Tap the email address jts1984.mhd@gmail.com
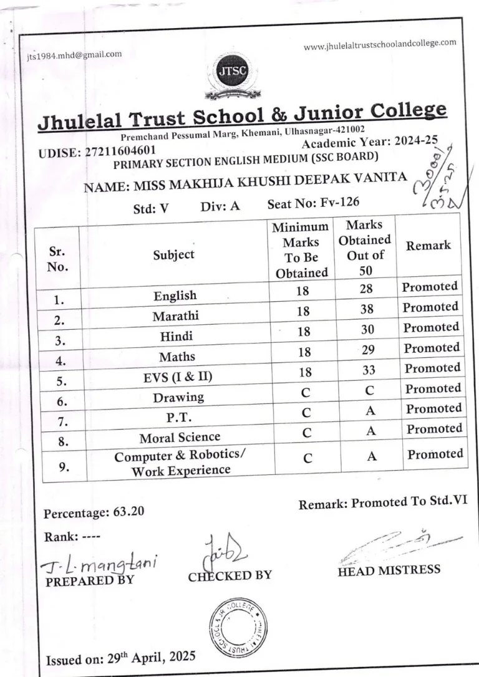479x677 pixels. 74,54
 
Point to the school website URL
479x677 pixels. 380,45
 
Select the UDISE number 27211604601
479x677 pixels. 119,150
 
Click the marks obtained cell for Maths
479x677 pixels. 368,351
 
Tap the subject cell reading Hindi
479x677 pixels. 177,336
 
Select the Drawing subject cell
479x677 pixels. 178,397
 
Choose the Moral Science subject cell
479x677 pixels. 180,437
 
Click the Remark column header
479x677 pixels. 428,245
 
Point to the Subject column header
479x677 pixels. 174,254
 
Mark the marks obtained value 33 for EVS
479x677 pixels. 369,370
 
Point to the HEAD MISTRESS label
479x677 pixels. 389,570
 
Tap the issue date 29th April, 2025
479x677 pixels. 150,656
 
